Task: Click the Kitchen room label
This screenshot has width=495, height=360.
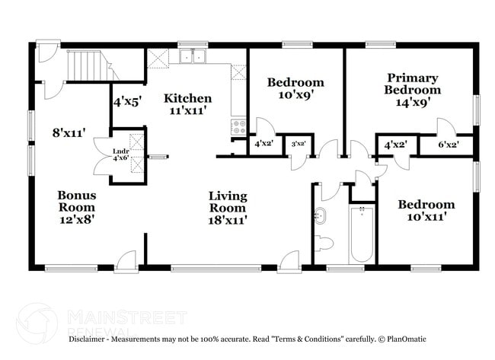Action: click(x=187, y=99)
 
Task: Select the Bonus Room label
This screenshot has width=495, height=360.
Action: click(x=77, y=201)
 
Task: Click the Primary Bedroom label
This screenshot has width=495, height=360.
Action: click(x=412, y=84)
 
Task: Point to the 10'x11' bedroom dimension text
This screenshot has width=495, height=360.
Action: click(x=426, y=217)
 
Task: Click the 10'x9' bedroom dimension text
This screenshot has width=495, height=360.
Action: click(x=295, y=95)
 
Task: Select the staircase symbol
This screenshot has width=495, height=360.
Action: click(x=85, y=66)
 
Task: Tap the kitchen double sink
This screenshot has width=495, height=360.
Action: click(x=193, y=56)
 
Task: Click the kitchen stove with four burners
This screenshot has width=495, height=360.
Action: click(x=238, y=126)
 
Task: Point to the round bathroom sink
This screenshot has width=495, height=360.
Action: click(x=321, y=216)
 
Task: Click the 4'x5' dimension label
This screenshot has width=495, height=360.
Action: click(x=126, y=100)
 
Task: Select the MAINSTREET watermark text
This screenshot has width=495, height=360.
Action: click(x=126, y=315)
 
